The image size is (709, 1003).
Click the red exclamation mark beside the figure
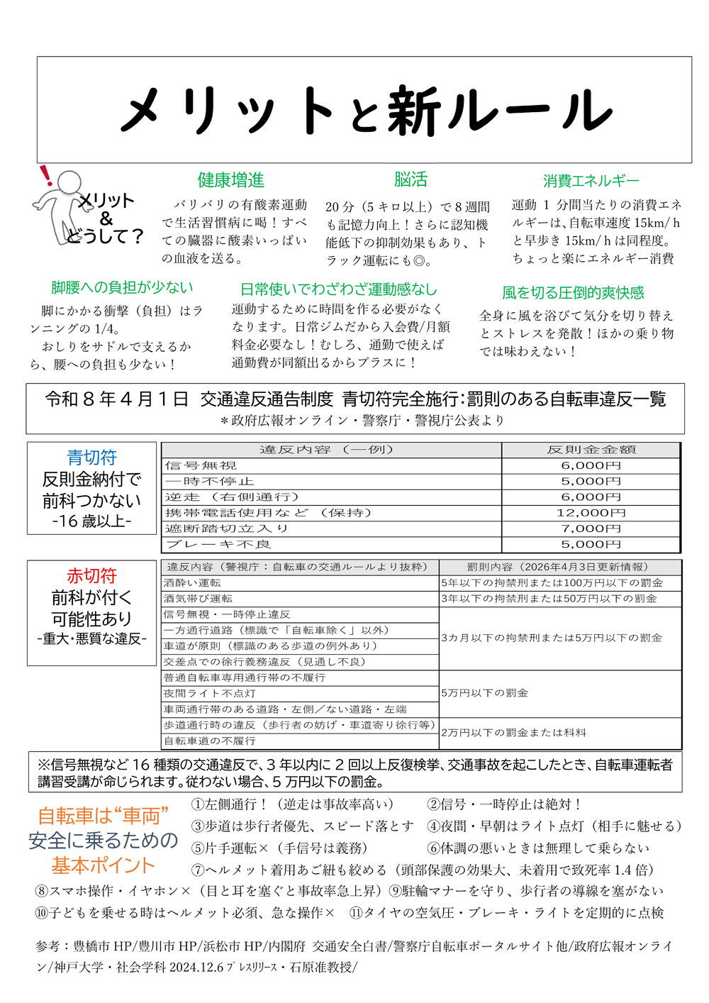46,174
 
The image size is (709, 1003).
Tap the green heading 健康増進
230,180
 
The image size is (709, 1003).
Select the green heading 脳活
411,179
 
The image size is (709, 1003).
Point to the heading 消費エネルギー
591,181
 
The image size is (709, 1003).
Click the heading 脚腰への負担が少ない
122,287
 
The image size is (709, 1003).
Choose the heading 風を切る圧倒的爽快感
573,292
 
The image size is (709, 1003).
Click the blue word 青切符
91,458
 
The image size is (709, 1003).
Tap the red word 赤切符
91,575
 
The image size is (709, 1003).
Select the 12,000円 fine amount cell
591,513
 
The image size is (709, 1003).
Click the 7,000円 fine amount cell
591,528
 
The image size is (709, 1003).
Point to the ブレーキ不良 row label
218,544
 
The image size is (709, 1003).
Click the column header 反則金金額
591,450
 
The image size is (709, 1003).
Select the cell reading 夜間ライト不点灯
210,693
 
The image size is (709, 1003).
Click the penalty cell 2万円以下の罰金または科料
513,733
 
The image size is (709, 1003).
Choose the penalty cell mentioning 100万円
552,582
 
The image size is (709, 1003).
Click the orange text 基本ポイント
103,865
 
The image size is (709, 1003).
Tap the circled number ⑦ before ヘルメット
198,870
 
